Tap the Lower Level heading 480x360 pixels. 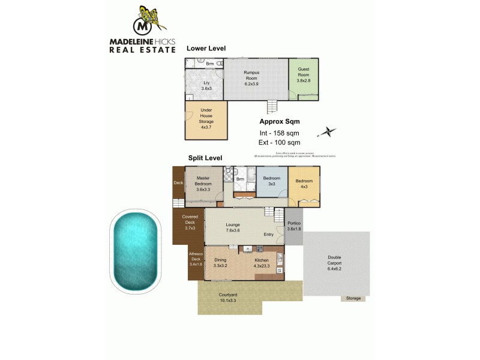[x=206, y=48]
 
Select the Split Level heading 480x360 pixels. [x=205, y=158]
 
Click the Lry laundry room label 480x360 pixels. [x=206, y=85]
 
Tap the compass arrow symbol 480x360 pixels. [x=327, y=131]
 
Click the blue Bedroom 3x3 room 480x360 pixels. [x=272, y=182]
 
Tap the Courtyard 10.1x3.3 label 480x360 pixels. [x=228, y=298]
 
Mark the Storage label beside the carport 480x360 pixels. [x=353, y=298]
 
